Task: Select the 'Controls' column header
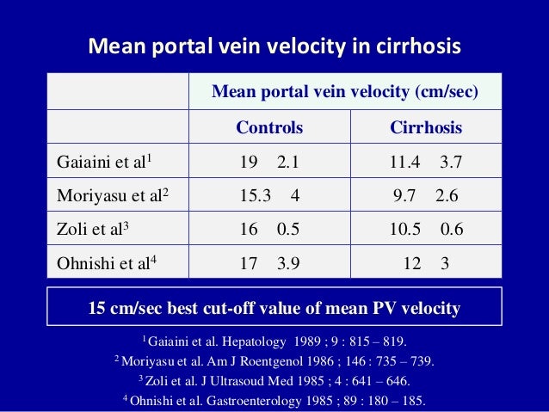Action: click(269, 128)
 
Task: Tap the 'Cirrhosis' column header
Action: click(426, 128)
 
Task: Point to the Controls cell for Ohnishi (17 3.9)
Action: click(269, 265)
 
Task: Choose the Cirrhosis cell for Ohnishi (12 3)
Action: click(426, 265)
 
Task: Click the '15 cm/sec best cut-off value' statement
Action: click(274, 307)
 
